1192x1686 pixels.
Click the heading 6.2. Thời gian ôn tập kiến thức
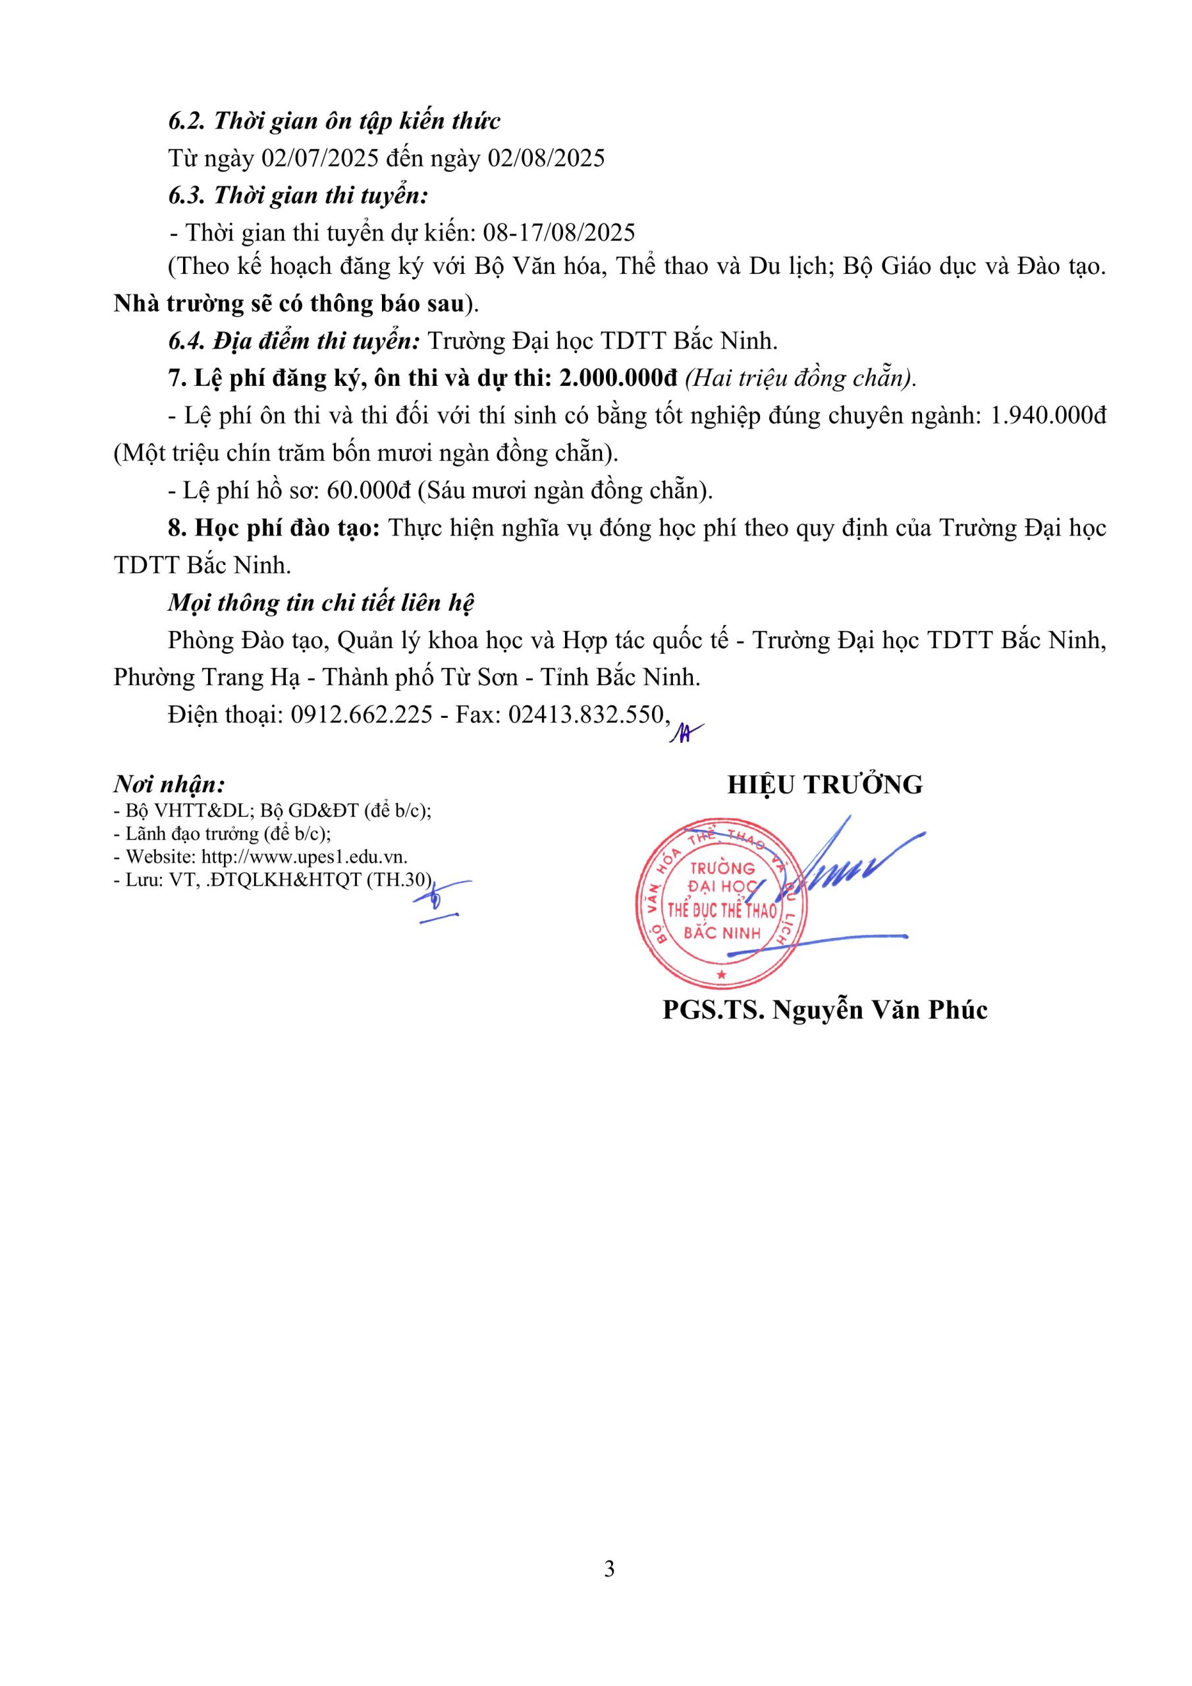click(x=334, y=121)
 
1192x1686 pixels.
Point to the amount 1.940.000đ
click(x=1048, y=416)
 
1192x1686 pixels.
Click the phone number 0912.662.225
click(x=362, y=714)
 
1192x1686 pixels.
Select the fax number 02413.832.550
click(x=586, y=714)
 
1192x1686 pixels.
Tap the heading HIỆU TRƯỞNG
click(x=825, y=785)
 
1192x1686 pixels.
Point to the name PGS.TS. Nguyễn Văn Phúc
click(x=825, y=1010)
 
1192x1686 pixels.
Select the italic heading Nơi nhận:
click(x=169, y=785)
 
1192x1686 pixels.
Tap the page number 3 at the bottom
click(x=609, y=1569)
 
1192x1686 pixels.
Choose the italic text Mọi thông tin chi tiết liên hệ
click(x=321, y=602)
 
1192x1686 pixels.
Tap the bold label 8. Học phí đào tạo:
click(x=274, y=528)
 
